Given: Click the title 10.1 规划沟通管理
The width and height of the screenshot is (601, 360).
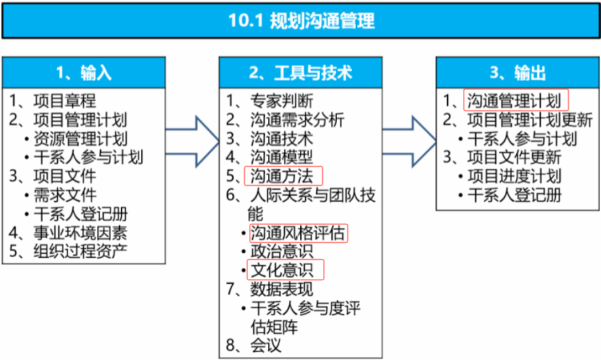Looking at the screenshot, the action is pos(301,20).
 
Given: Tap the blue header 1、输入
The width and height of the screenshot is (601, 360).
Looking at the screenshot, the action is pos(84,73).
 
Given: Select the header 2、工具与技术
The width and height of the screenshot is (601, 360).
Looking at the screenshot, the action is pos(301,73).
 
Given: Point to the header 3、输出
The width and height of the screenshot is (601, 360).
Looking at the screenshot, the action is pos(517,73).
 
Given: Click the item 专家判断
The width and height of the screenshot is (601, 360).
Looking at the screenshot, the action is pos(281,101).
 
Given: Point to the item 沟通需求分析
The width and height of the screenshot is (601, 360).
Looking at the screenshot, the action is pos(297,120).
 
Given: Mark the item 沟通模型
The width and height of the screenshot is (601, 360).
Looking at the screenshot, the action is pos(281,158).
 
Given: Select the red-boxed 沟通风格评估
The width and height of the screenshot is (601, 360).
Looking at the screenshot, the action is pos(298,233).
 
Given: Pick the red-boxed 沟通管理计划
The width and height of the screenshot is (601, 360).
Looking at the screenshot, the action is pos(515,101).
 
